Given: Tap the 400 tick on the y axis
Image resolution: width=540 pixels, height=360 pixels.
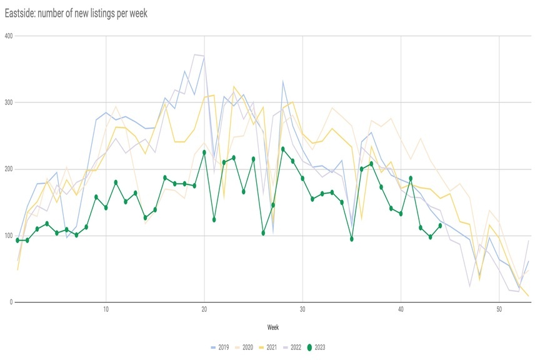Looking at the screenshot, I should (x=7, y=36).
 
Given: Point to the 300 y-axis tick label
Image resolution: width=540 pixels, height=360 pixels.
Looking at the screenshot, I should (x=7, y=102).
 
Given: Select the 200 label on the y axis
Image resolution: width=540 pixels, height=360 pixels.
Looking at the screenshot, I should (x=7, y=169).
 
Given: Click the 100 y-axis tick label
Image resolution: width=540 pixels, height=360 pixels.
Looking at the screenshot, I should (x=7, y=236).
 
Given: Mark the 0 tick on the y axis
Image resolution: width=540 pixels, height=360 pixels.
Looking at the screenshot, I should (x=10, y=302).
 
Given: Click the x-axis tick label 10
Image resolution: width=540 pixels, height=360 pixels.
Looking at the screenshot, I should (x=106, y=309).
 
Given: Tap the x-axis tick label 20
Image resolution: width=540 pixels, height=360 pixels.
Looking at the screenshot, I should (x=204, y=309).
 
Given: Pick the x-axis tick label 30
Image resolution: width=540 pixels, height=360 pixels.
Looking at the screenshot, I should (x=302, y=309).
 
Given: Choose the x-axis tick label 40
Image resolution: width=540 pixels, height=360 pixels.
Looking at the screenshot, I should (x=401, y=309).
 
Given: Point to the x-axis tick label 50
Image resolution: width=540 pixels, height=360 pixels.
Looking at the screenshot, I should (x=499, y=309).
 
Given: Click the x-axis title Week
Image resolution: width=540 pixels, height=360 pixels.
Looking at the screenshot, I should (x=273, y=327).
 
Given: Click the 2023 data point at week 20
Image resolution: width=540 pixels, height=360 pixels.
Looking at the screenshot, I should (x=204, y=152).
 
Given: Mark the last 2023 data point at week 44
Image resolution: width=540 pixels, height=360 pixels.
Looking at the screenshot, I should (x=440, y=226).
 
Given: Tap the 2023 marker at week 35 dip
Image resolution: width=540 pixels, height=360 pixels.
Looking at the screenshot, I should (x=352, y=239).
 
